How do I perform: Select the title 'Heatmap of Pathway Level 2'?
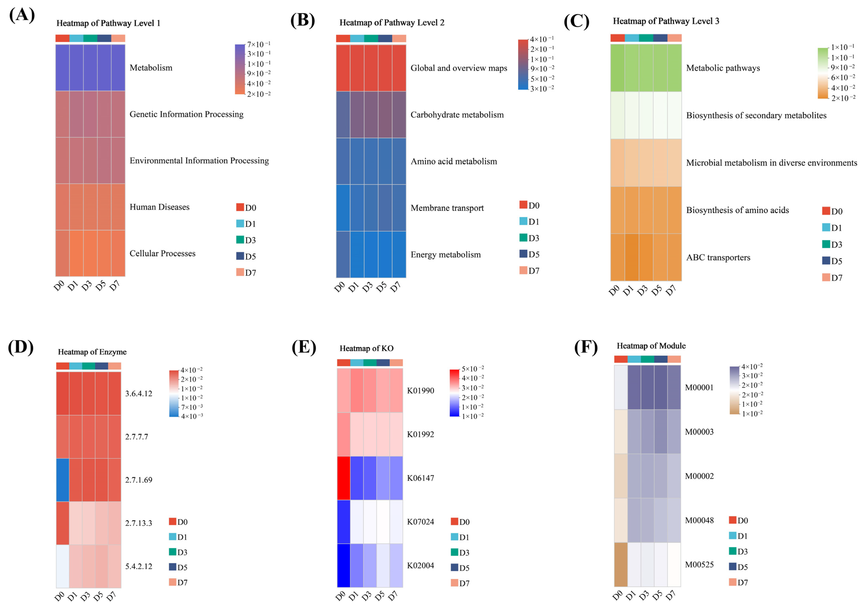tap(392, 23)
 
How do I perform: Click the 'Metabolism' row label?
tap(151, 68)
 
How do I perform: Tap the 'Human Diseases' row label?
tap(159, 207)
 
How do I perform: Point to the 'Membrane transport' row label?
tap(447, 208)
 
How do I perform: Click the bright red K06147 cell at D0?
tap(344, 478)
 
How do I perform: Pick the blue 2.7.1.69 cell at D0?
tap(62, 480)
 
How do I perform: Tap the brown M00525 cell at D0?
tap(621, 564)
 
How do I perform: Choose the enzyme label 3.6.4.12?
tap(138, 393)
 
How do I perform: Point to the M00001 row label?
tap(699, 388)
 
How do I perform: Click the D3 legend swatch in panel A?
tap(240, 240)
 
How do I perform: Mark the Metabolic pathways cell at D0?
tap(617, 68)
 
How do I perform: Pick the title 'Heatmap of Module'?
tap(651, 346)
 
